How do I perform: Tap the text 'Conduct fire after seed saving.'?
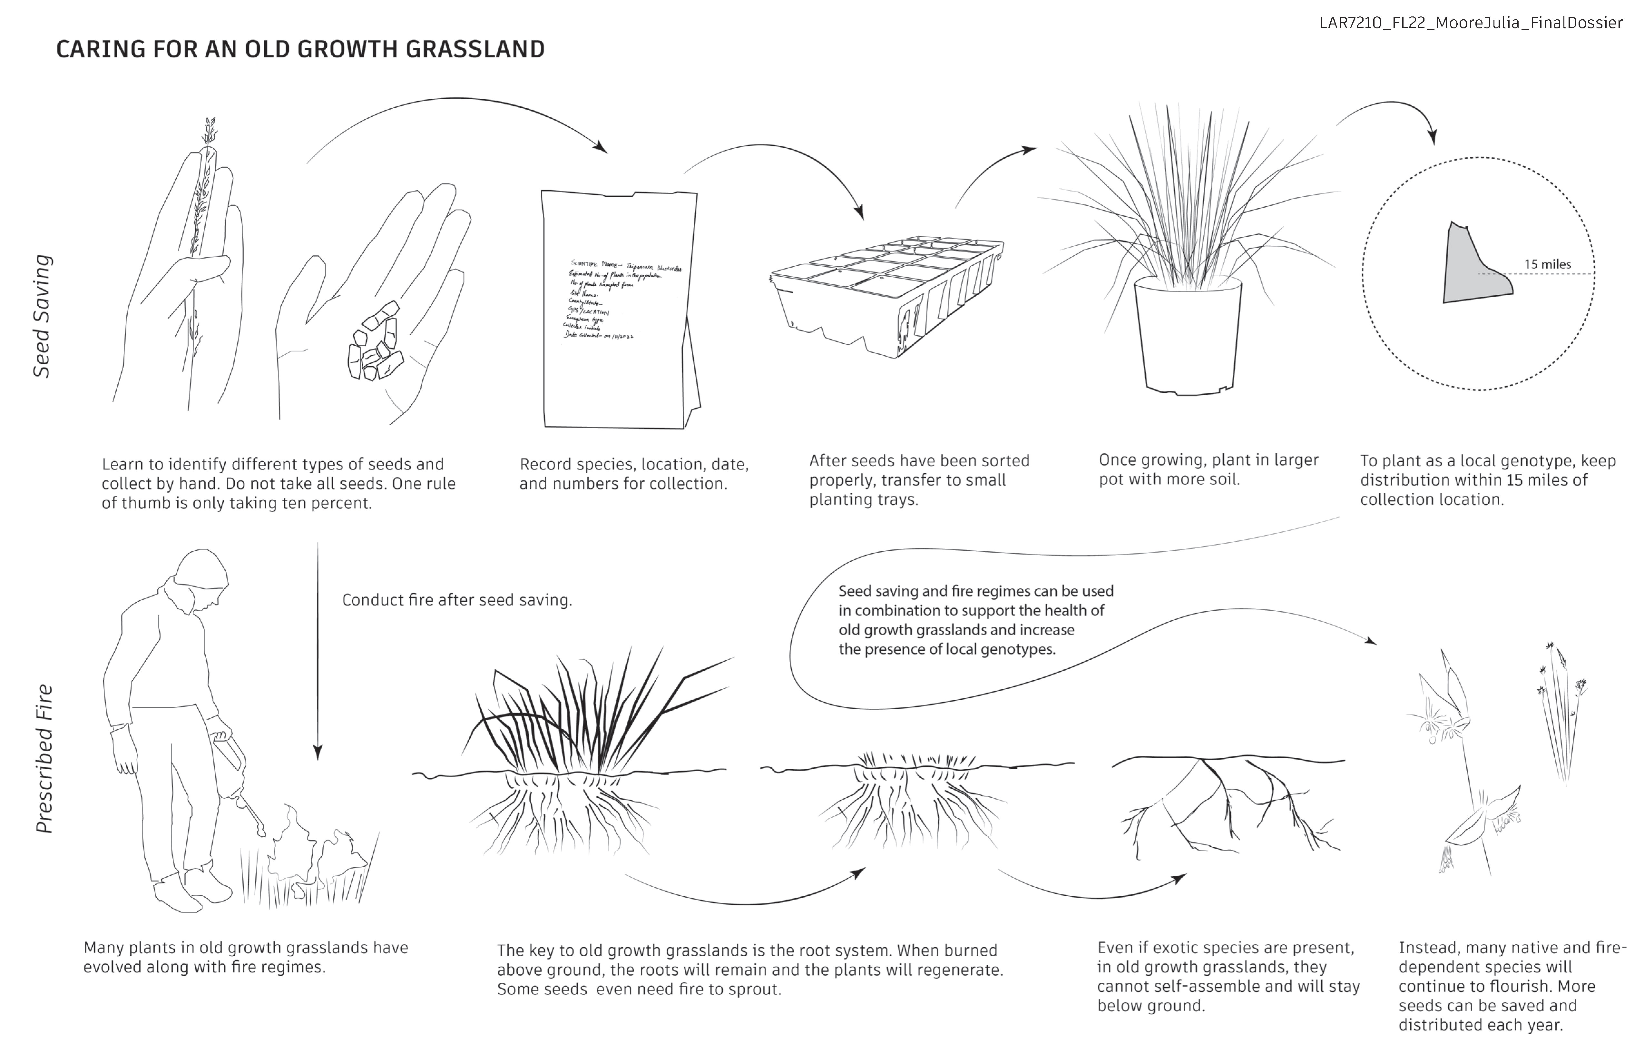456,600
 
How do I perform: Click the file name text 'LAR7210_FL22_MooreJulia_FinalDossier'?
1470,23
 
